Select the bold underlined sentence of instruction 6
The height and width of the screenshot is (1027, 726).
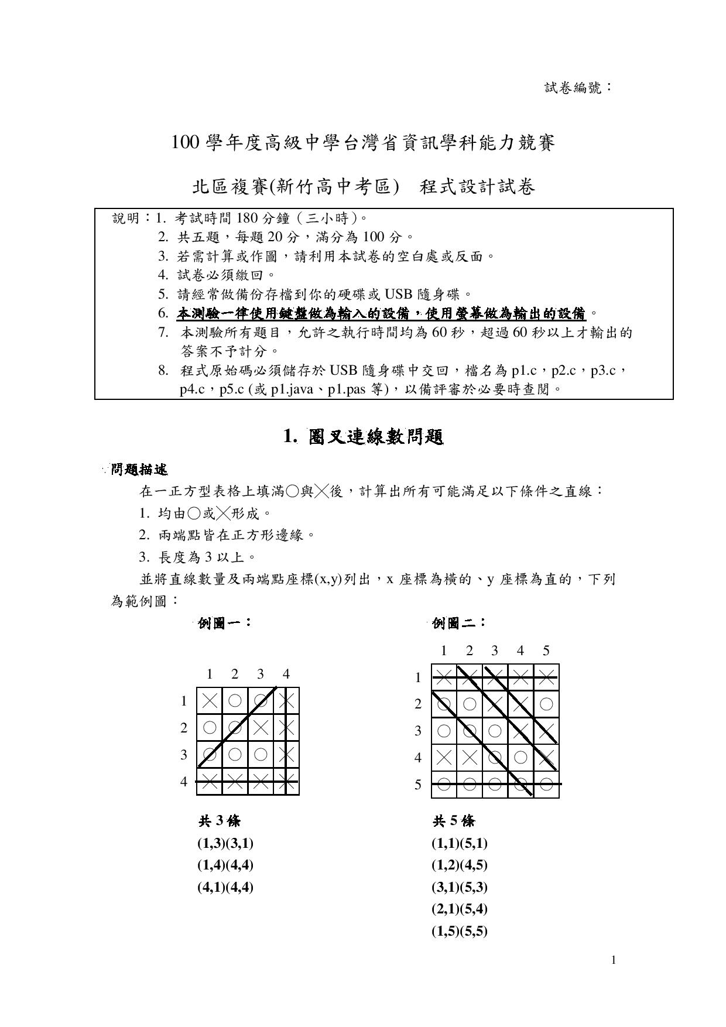381,314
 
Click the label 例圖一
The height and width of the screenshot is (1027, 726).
224,623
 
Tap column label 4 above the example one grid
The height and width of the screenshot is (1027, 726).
286,674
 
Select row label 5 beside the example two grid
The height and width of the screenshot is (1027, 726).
418,785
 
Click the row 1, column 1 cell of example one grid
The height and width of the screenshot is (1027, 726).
209,701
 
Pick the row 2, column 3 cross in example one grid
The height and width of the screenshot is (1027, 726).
261,728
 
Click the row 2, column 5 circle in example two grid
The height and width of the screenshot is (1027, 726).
546,704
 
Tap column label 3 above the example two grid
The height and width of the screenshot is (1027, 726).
495,651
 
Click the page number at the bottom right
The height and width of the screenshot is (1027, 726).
614,960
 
